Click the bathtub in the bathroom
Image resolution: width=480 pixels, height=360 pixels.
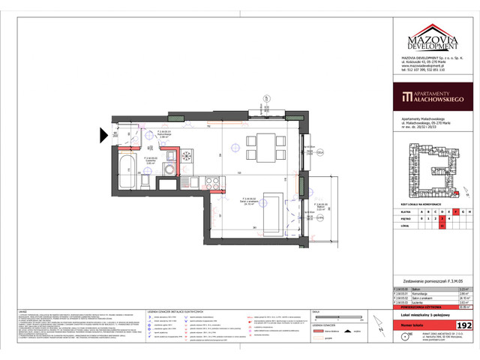(x=127, y=174)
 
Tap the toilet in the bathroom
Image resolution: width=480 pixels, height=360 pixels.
(x=170, y=157)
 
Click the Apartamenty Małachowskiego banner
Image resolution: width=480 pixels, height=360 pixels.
(x=431, y=95)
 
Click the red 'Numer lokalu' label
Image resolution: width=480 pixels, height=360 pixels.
(x=418, y=326)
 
